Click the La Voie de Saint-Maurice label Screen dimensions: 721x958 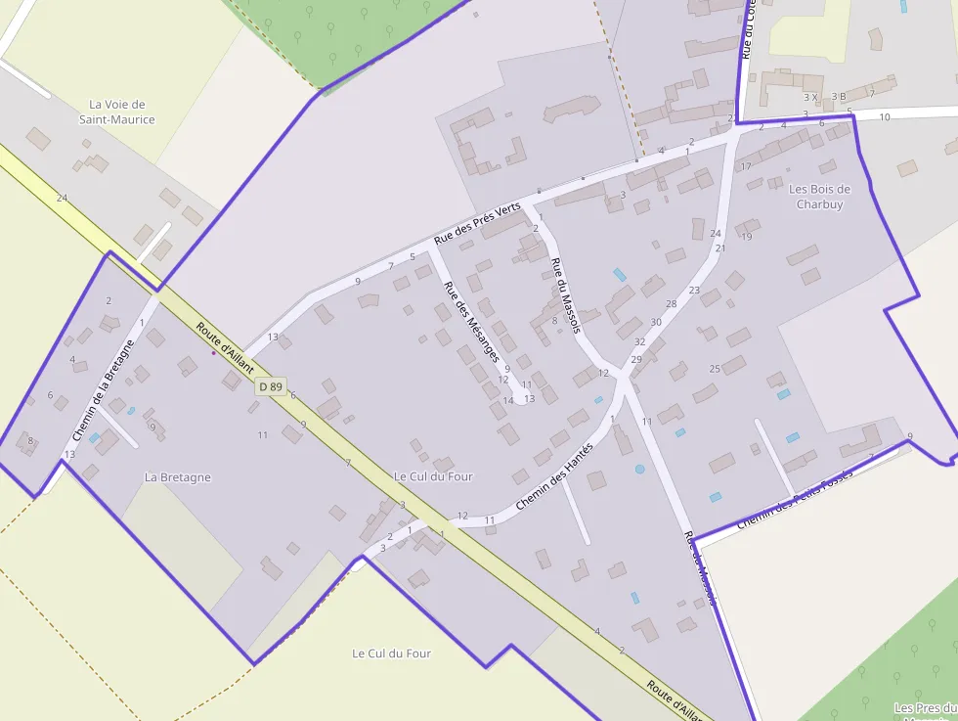click(x=116, y=112)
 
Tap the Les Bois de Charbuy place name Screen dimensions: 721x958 click(x=819, y=197)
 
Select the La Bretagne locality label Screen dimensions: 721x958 click(x=177, y=477)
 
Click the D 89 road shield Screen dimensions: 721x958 click(x=270, y=387)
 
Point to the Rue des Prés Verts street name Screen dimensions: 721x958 click(x=478, y=224)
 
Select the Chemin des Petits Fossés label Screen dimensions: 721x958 click(x=795, y=499)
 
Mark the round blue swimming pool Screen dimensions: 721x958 click(x=639, y=469)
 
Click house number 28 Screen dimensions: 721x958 click(x=671, y=304)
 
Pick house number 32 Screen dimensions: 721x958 click(x=639, y=341)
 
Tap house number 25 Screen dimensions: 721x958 click(x=715, y=369)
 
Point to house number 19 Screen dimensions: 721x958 click(x=747, y=237)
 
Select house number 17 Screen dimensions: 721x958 click(x=746, y=166)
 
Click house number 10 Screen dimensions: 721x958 click(x=885, y=117)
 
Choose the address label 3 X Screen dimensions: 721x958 click(x=809, y=97)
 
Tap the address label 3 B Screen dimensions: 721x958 click(x=838, y=97)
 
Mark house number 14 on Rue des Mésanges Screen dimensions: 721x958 click(x=507, y=400)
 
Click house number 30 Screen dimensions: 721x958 click(x=655, y=322)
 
